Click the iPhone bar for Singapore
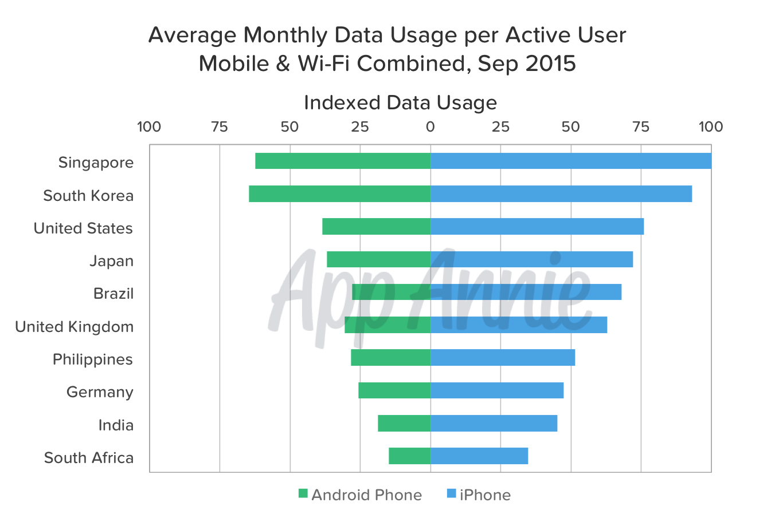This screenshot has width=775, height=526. pyautogui.click(x=571, y=161)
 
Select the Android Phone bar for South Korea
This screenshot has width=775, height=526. pyautogui.click(x=339, y=194)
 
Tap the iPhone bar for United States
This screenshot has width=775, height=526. pyautogui.click(x=537, y=227)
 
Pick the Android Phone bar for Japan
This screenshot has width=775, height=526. pyautogui.click(x=378, y=259)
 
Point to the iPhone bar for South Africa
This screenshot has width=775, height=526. pyautogui.click(x=479, y=456)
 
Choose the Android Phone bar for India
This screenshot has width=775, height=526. pyautogui.click(x=404, y=424)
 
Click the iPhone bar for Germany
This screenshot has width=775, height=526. pyautogui.click(x=497, y=390)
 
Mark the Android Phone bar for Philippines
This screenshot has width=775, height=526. pyautogui.click(x=390, y=358)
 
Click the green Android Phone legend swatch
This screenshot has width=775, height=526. pyautogui.click(x=303, y=494)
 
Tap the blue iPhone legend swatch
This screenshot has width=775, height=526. pyautogui.click(x=452, y=494)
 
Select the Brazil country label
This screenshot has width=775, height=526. pyautogui.click(x=113, y=294)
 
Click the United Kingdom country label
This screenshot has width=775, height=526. pyautogui.click(x=75, y=327)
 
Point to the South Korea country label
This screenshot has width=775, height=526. pyautogui.click(x=88, y=196)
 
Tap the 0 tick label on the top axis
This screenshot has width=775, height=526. pyautogui.click(x=430, y=127)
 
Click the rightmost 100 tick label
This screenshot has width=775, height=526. pyautogui.click(x=711, y=127)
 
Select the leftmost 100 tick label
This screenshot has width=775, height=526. pyautogui.click(x=149, y=127)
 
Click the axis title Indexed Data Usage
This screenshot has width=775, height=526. pyautogui.click(x=400, y=102)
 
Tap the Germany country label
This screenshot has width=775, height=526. pyautogui.click(x=100, y=392)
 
